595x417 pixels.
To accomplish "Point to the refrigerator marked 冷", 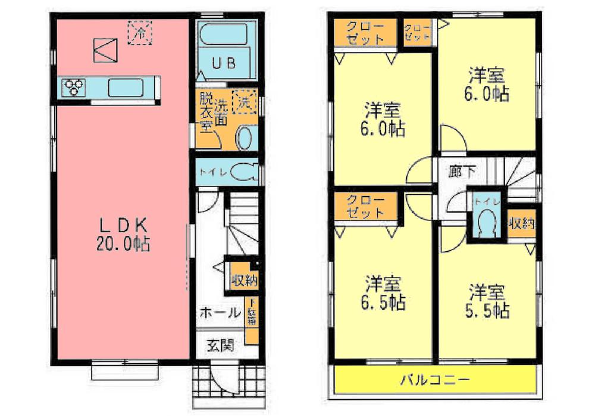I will tap(141, 33).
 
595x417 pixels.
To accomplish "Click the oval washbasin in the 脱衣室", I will tap(245, 139).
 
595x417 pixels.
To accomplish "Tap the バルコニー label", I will tap(435, 379).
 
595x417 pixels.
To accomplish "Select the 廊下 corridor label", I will tap(462, 172).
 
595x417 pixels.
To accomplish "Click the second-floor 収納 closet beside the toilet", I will tap(521, 225).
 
